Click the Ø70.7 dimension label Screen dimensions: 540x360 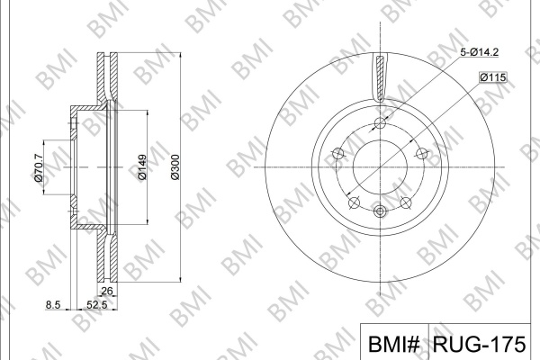click(39, 167)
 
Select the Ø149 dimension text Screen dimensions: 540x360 click(142, 167)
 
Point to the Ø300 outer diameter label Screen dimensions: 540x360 click(175, 167)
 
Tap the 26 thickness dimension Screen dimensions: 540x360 click(107, 291)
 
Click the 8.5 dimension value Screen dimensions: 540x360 click(53, 305)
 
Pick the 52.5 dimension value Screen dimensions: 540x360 click(97, 305)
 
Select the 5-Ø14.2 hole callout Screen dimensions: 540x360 click(480, 52)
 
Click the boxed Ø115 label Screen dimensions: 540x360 click(493, 77)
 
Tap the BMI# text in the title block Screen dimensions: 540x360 click(394, 344)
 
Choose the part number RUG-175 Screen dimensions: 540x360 click(480, 344)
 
